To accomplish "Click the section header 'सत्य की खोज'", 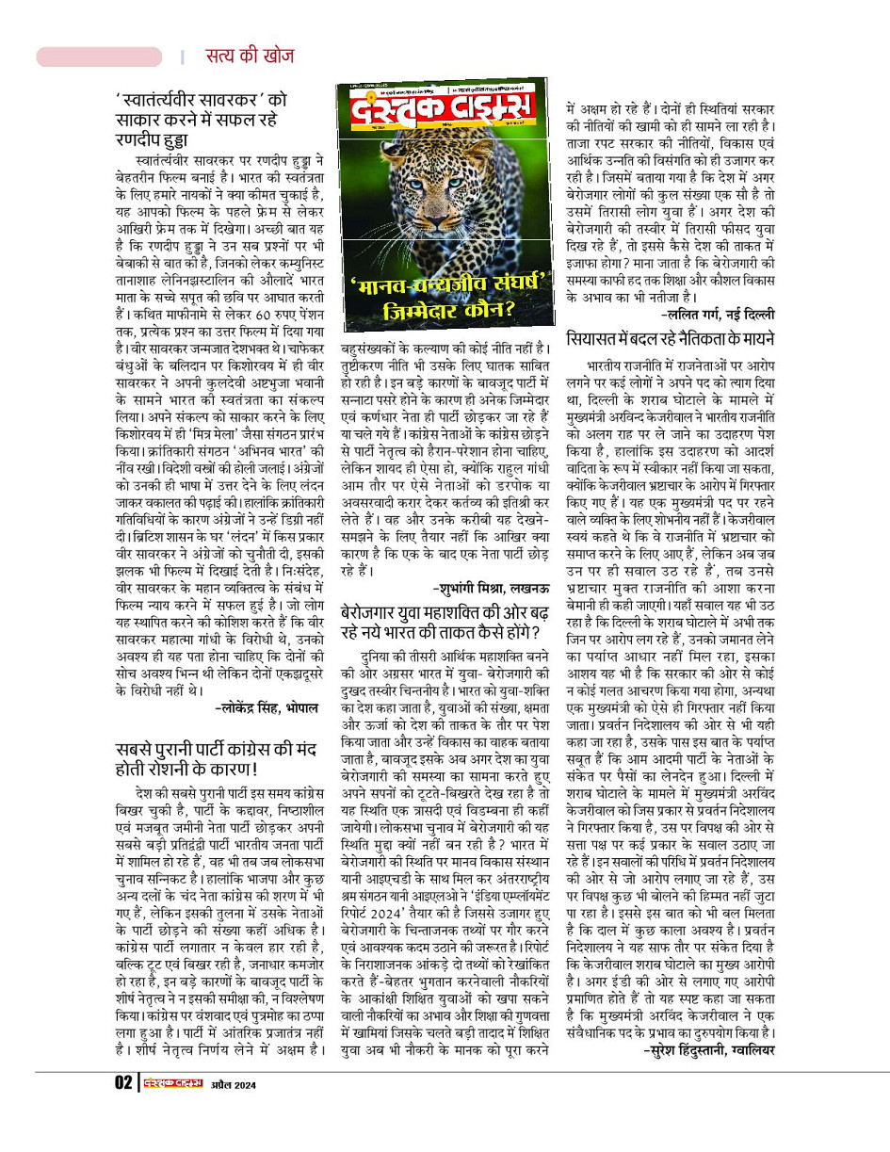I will (250, 56).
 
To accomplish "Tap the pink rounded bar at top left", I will (99, 57).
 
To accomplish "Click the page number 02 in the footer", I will (123, 1083).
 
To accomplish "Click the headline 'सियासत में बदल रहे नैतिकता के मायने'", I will (670, 337).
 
